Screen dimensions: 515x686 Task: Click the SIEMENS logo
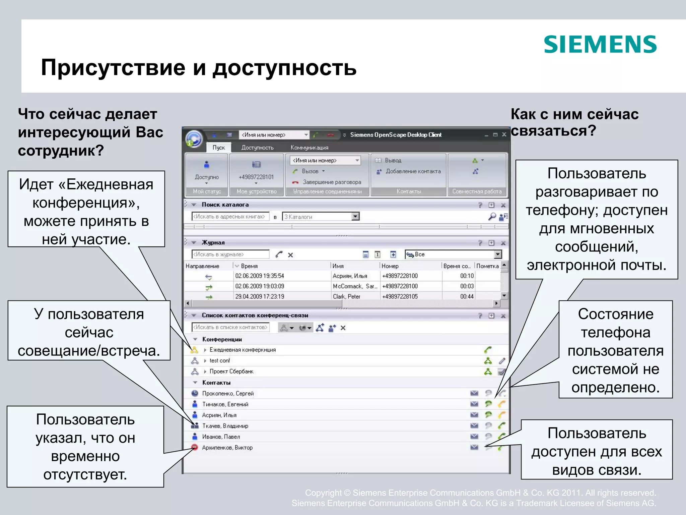tap(600, 45)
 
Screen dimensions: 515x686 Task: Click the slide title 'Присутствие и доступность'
tap(199, 67)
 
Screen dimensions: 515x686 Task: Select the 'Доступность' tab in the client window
tap(257, 148)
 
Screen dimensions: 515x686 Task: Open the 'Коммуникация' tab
tap(309, 148)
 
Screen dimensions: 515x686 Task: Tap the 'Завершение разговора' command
tap(331, 182)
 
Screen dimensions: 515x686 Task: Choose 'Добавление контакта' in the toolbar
tap(413, 171)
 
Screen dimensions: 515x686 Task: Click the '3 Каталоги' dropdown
tap(321, 217)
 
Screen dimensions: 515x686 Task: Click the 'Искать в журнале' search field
tap(230, 254)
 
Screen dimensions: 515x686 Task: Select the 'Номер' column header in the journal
tap(390, 266)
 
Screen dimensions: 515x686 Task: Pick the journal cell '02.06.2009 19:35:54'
tap(260, 276)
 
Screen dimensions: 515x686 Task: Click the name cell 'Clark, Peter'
tap(346, 296)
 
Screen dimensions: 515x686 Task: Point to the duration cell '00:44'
tap(467, 296)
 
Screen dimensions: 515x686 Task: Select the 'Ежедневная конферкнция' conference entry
tap(243, 350)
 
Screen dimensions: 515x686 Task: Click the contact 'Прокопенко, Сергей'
tap(228, 393)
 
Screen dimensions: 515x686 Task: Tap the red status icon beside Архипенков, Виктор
tap(195, 447)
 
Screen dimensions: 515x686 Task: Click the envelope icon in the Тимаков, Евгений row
tap(474, 404)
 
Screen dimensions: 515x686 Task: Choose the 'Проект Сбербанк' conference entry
tap(231, 371)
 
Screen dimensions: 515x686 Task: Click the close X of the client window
tap(504, 135)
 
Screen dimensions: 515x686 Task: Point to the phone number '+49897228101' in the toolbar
tap(256, 177)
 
